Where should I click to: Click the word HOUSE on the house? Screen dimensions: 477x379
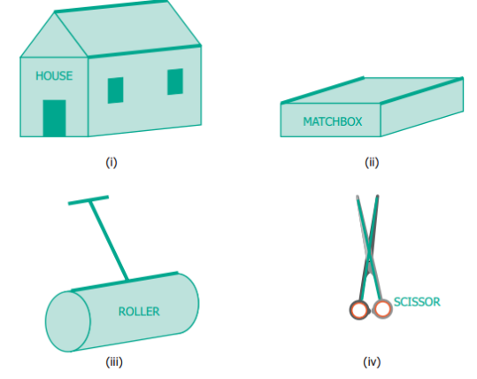54,76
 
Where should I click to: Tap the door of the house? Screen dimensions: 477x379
55,118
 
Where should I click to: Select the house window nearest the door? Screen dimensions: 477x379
116,90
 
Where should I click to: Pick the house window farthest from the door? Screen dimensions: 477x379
175,81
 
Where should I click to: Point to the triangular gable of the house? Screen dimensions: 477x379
54,40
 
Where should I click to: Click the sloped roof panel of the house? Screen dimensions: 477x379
127,29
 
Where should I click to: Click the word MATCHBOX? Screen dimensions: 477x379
333,122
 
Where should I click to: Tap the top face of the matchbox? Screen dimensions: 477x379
373,90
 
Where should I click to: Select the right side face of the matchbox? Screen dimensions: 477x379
422,107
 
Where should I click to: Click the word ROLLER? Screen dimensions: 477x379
139,312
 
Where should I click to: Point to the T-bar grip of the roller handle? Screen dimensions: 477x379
88,200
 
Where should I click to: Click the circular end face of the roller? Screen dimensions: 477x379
68,321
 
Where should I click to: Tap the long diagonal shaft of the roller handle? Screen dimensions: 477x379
109,240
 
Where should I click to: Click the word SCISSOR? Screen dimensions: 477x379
417,302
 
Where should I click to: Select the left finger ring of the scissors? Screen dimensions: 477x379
359,310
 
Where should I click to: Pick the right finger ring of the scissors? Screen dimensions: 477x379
382,309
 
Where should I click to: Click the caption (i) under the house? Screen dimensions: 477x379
112,162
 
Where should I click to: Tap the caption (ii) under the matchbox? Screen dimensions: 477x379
372,162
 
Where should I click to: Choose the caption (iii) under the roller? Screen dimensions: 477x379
114,362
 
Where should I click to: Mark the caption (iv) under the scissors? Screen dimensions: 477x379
372,362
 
